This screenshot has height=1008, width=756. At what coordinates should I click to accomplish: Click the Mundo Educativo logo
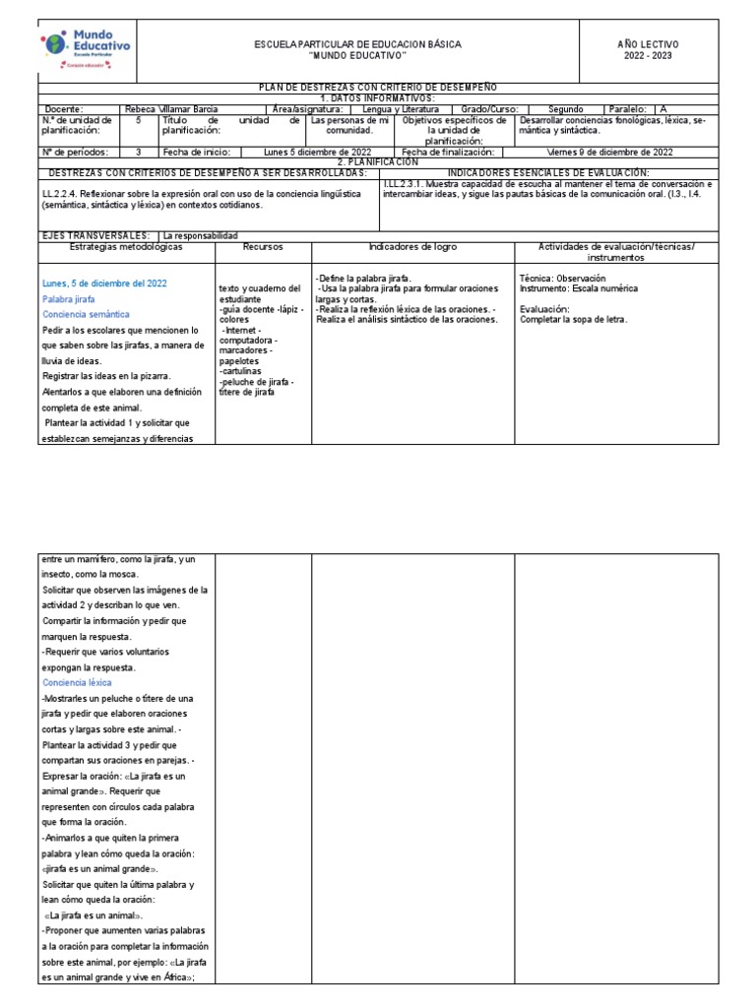pyautogui.click(x=88, y=49)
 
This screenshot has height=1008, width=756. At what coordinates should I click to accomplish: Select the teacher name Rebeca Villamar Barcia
pyautogui.click(x=172, y=109)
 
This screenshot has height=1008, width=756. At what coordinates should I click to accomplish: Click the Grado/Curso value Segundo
pyautogui.click(x=565, y=109)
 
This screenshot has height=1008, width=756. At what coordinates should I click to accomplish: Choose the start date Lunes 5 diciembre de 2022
pyautogui.click(x=317, y=153)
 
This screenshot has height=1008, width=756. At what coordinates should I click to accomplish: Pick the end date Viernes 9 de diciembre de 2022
pyautogui.click(x=609, y=153)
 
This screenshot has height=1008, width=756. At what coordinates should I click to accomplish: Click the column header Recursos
pyautogui.click(x=263, y=246)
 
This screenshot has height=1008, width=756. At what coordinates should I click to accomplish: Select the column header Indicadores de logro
pyautogui.click(x=412, y=246)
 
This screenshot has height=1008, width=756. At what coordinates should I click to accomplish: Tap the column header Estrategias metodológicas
pyautogui.click(x=126, y=246)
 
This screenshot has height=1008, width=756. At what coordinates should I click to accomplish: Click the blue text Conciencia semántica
pyautogui.click(x=86, y=314)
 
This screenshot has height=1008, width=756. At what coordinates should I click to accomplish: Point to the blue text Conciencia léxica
pyautogui.click(x=77, y=682)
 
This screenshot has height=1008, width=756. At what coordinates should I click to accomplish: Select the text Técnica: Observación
pyautogui.click(x=562, y=279)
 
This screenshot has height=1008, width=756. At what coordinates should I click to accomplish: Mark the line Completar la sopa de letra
pyautogui.click(x=573, y=319)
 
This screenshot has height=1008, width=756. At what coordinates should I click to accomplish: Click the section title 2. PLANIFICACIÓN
pyautogui.click(x=378, y=161)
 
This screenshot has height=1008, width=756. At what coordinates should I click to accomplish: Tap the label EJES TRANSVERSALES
pyautogui.click(x=95, y=236)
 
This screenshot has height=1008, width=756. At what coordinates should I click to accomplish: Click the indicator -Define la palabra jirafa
pyautogui.click(x=364, y=279)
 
